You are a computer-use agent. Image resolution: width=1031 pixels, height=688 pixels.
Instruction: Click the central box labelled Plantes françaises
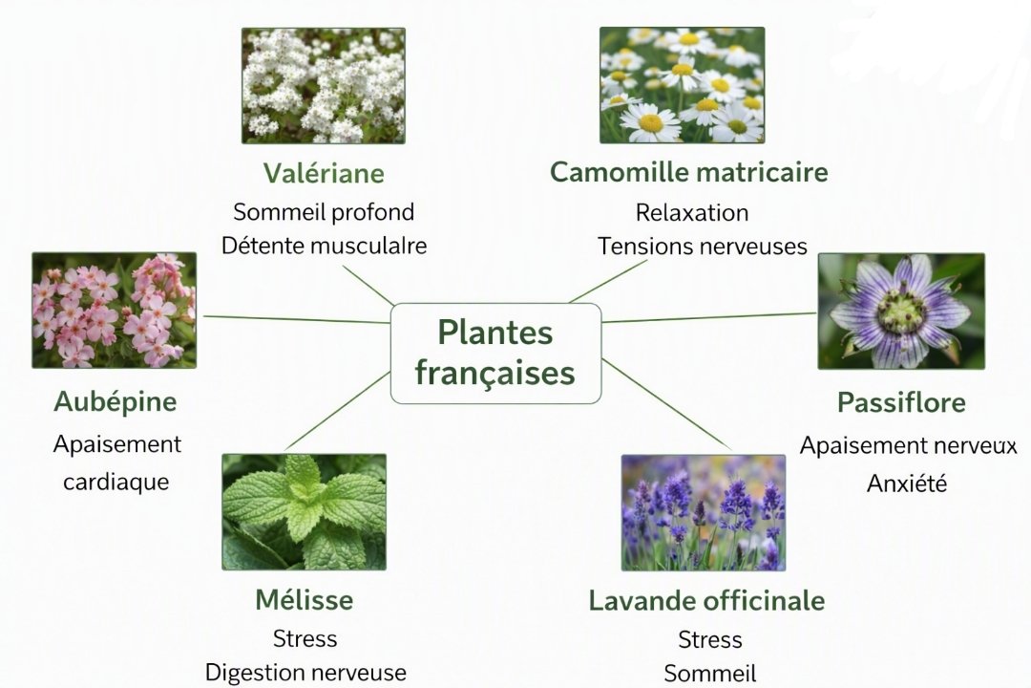point(495,353)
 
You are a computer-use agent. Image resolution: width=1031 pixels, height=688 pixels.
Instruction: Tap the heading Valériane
point(324,173)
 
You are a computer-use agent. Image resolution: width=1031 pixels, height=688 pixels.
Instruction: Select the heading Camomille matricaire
point(688,172)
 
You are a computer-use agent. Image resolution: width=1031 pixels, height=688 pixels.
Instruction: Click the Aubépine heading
point(116,401)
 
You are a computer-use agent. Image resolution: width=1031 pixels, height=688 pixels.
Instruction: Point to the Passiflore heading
point(901,402)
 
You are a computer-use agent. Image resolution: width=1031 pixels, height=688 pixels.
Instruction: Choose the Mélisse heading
point(304,600)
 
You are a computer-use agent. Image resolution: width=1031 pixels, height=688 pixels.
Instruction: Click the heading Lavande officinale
point(706,600)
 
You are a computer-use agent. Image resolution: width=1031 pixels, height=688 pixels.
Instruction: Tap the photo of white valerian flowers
point(324,86)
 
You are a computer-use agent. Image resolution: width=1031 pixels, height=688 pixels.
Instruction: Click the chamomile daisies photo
point(682,85)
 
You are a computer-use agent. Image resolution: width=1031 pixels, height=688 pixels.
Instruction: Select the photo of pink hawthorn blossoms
point(115,311)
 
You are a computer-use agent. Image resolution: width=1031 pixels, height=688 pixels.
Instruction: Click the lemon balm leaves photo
point(304,512)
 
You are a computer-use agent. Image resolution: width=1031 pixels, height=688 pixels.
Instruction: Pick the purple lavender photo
point(704,513)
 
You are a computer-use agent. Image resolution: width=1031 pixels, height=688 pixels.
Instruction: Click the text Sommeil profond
point(324,212)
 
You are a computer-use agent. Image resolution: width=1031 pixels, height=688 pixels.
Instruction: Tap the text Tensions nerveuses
point(703,247)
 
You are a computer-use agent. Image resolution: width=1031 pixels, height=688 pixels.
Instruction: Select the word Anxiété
point(907,484)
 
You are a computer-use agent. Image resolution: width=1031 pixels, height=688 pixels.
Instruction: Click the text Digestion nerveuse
point(305,672)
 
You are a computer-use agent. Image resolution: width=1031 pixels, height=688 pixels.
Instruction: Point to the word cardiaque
point(116,482)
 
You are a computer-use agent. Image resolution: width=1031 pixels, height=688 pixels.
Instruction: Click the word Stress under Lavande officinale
point(710,639)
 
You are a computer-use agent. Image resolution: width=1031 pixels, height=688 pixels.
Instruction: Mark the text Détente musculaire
point(325,246)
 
